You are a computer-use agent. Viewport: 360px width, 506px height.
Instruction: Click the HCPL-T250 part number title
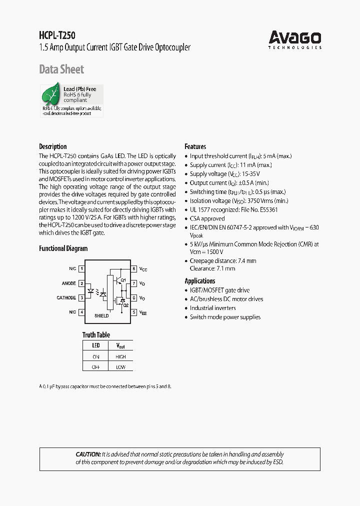(x=57, y=36)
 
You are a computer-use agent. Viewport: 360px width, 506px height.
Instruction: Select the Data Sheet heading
(x=61, y=69)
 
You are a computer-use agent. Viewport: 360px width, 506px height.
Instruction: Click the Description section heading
(x=53, y=146)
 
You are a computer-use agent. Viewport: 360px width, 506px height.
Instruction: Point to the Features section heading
(x=195, y=146)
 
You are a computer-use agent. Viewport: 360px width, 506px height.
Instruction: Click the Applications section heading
(x=200, y=281)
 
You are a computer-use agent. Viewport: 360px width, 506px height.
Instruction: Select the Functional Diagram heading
(x=63, y=248)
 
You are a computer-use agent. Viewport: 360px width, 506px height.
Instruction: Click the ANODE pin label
(x=69, y=283)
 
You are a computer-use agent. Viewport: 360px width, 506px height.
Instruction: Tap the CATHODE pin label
(x=66, y=298)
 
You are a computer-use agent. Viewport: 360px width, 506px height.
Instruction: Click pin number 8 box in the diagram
(x=134, y=269)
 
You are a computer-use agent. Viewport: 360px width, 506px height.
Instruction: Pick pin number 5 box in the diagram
(x=134, y=312)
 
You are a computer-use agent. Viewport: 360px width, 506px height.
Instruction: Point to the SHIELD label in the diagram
(x=101, y=316)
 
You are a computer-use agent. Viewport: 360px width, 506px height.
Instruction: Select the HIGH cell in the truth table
(x=120, y=357)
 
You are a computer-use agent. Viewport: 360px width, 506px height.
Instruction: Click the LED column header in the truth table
(x=96, y=345)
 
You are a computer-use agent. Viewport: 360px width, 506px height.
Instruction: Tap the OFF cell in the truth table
(x=96, y=367)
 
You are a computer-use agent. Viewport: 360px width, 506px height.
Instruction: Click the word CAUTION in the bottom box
(x=88, y=454)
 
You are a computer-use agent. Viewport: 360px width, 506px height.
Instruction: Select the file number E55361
(x=267, y=210)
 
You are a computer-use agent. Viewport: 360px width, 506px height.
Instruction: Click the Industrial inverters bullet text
(x=212, y=308)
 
